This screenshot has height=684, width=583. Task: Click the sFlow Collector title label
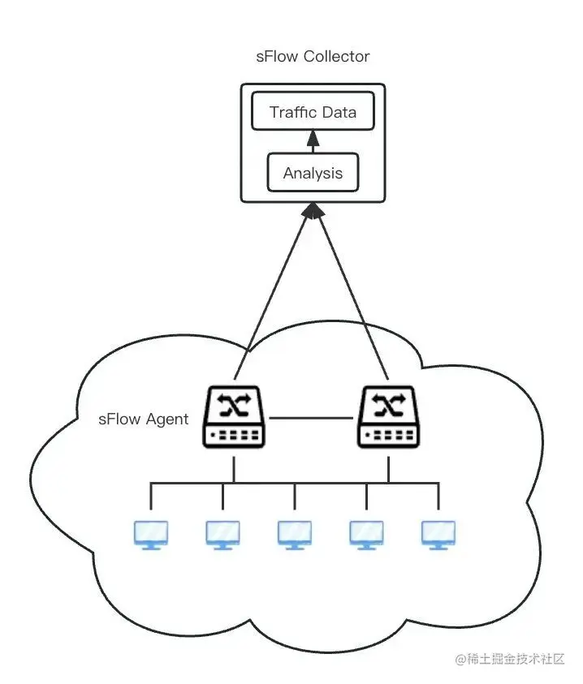(x=313, y=56)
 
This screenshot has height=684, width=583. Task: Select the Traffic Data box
(x=313, y=111)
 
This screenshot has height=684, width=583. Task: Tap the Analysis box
(x=313, y=172)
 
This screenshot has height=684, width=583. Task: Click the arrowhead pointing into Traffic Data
(x=313, y=138)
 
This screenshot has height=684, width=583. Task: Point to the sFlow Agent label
(x=143, y=419)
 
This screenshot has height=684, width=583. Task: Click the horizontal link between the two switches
(x=311, y=418)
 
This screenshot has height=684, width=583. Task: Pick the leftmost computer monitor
(x=151, y=535)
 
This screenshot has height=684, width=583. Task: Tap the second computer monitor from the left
(x=222, y=535)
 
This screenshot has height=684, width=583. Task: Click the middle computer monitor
(x=295, y=535)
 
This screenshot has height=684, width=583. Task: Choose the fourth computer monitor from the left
(x=366, y=535)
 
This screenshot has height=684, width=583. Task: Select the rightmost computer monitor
(x=438, y=535)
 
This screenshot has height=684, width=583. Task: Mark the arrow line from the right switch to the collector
(x=352, y=292)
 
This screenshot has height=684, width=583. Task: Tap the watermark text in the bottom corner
(x=510, y=659)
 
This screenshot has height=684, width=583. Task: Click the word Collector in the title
(x=337, y=56)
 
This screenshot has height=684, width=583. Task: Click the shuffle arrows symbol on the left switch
(x=234, y=404)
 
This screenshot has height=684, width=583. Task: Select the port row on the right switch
(x=388, y=435)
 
